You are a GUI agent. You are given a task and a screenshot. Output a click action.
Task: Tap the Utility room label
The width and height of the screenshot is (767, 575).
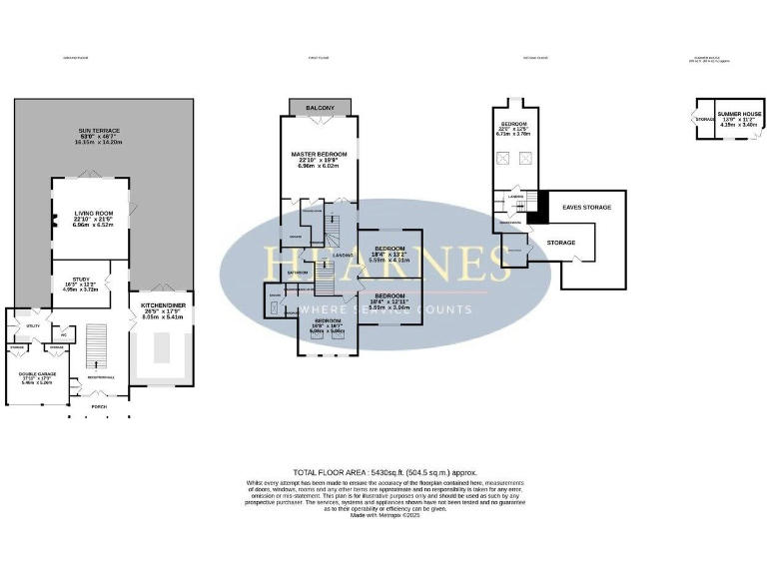pos(33,325)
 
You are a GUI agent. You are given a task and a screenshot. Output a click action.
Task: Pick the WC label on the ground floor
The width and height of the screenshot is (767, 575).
pos(63,334)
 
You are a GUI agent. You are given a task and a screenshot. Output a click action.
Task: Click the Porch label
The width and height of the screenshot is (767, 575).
pos(99,406)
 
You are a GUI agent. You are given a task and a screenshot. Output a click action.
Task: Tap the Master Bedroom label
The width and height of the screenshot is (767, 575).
pos(319,159)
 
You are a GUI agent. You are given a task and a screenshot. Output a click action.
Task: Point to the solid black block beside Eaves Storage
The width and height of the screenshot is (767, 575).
pos(538,208)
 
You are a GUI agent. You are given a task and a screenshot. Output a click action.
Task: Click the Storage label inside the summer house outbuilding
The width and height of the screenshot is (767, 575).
pos(703,121)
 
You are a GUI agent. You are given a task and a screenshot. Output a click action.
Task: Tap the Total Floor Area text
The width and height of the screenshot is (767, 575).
pos(384,471)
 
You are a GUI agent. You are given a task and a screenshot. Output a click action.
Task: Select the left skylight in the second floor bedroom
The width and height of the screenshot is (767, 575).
pos(504,157)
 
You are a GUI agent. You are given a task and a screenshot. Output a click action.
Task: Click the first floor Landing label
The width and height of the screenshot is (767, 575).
pos(342,254)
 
